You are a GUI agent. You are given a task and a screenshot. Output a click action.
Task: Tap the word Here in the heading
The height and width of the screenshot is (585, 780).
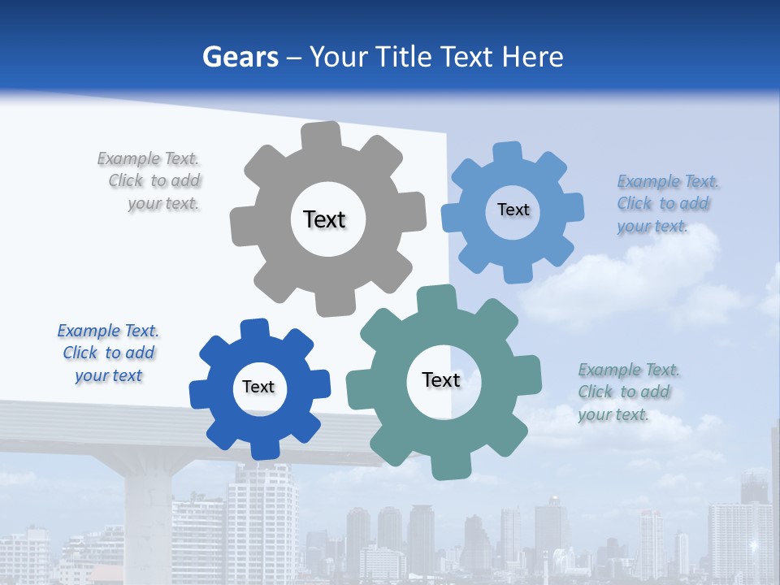pyautogui.click(x=532, y=57)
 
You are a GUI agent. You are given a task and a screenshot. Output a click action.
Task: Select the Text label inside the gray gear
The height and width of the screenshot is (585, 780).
pyautogui.click(x=325, y=219)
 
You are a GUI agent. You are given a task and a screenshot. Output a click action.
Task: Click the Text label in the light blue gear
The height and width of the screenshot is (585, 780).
pyautogui.click(x=513, y=210)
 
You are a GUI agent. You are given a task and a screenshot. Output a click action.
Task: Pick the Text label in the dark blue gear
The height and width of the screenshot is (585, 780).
pyautogui.click(x=258, y=387)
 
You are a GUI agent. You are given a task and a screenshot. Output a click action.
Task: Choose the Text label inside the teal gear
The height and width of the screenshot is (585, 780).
pyautogui.click(x=441, y=379)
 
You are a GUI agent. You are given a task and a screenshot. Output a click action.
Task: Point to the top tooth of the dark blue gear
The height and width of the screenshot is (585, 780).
pyautogui.click(x=255, y=328)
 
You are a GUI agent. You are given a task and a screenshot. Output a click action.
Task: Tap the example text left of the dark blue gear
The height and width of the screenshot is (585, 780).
pyautogui.click(x=108, y=353)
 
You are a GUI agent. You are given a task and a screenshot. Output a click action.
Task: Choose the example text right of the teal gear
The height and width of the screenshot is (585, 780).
pyautogui.click(x=628, y=392)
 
